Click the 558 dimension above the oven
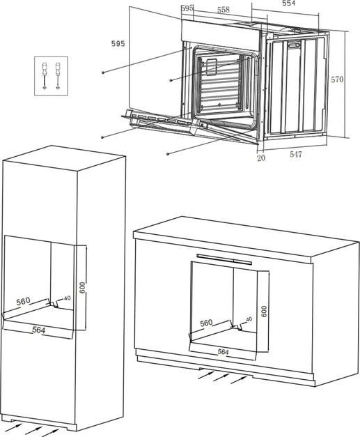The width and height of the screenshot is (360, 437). point(224,10)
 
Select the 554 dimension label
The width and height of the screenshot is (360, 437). point(289,3)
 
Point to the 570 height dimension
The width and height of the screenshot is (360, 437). point(337,79)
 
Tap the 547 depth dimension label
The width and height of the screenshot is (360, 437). point(296,154)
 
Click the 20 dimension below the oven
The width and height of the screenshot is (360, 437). point(261,158)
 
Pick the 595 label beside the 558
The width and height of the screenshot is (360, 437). point(187,8)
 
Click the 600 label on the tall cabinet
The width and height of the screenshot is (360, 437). point(82,288)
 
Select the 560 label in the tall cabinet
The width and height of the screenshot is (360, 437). point(23,301)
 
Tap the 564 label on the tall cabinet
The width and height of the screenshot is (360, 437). point(38,330)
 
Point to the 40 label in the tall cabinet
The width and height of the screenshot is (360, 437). point(67,298)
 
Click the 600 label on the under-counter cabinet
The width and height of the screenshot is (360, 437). point(264,311)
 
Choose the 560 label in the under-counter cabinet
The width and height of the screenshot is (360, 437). point(206,323)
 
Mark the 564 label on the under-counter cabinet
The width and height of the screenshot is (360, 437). point(223,352)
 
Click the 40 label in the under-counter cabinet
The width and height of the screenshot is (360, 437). point(249,319)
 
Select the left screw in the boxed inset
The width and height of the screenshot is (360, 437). point(45,75)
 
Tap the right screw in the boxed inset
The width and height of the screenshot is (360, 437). point(58,75)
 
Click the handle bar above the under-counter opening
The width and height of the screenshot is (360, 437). point(224,259)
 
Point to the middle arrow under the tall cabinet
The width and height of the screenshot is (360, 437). point(33,430)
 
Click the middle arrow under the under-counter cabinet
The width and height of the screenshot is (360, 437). point(221,377)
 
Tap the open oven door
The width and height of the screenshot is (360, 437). point(190,127)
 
